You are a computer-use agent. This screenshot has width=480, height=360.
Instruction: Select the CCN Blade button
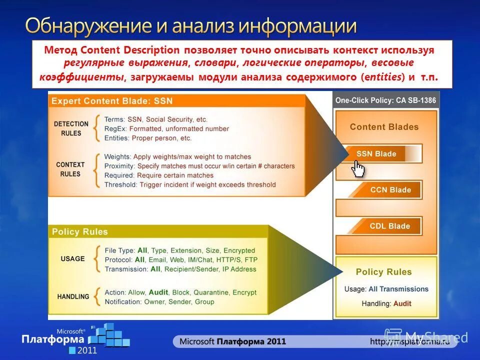click(390, 190)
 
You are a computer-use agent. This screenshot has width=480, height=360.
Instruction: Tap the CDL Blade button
click(390, 226)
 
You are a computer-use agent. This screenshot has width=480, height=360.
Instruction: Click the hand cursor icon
click(358, 168)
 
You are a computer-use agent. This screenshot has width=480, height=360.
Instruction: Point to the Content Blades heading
click(384, 127)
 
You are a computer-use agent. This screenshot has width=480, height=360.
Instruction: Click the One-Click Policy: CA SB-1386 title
click(385, 100)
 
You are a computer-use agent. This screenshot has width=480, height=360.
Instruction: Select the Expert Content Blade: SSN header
click(112, 101)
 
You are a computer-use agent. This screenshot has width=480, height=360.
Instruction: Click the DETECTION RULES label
click(71, 128)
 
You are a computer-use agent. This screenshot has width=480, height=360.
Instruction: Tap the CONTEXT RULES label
click(70, 169)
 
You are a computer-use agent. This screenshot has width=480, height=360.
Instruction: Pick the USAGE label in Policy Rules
click(72, 259)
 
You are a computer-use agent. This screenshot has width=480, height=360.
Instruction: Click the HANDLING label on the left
click(73, 296)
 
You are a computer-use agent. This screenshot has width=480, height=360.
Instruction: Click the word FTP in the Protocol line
click(251, 260)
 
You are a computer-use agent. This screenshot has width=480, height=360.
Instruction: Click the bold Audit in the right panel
click(402, 303)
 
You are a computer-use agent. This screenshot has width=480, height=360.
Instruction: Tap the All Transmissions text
click(398, 289)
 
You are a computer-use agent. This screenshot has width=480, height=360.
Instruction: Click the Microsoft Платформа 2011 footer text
click(232, 341)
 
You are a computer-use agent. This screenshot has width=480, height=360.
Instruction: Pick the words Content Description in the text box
click(129, 50)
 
